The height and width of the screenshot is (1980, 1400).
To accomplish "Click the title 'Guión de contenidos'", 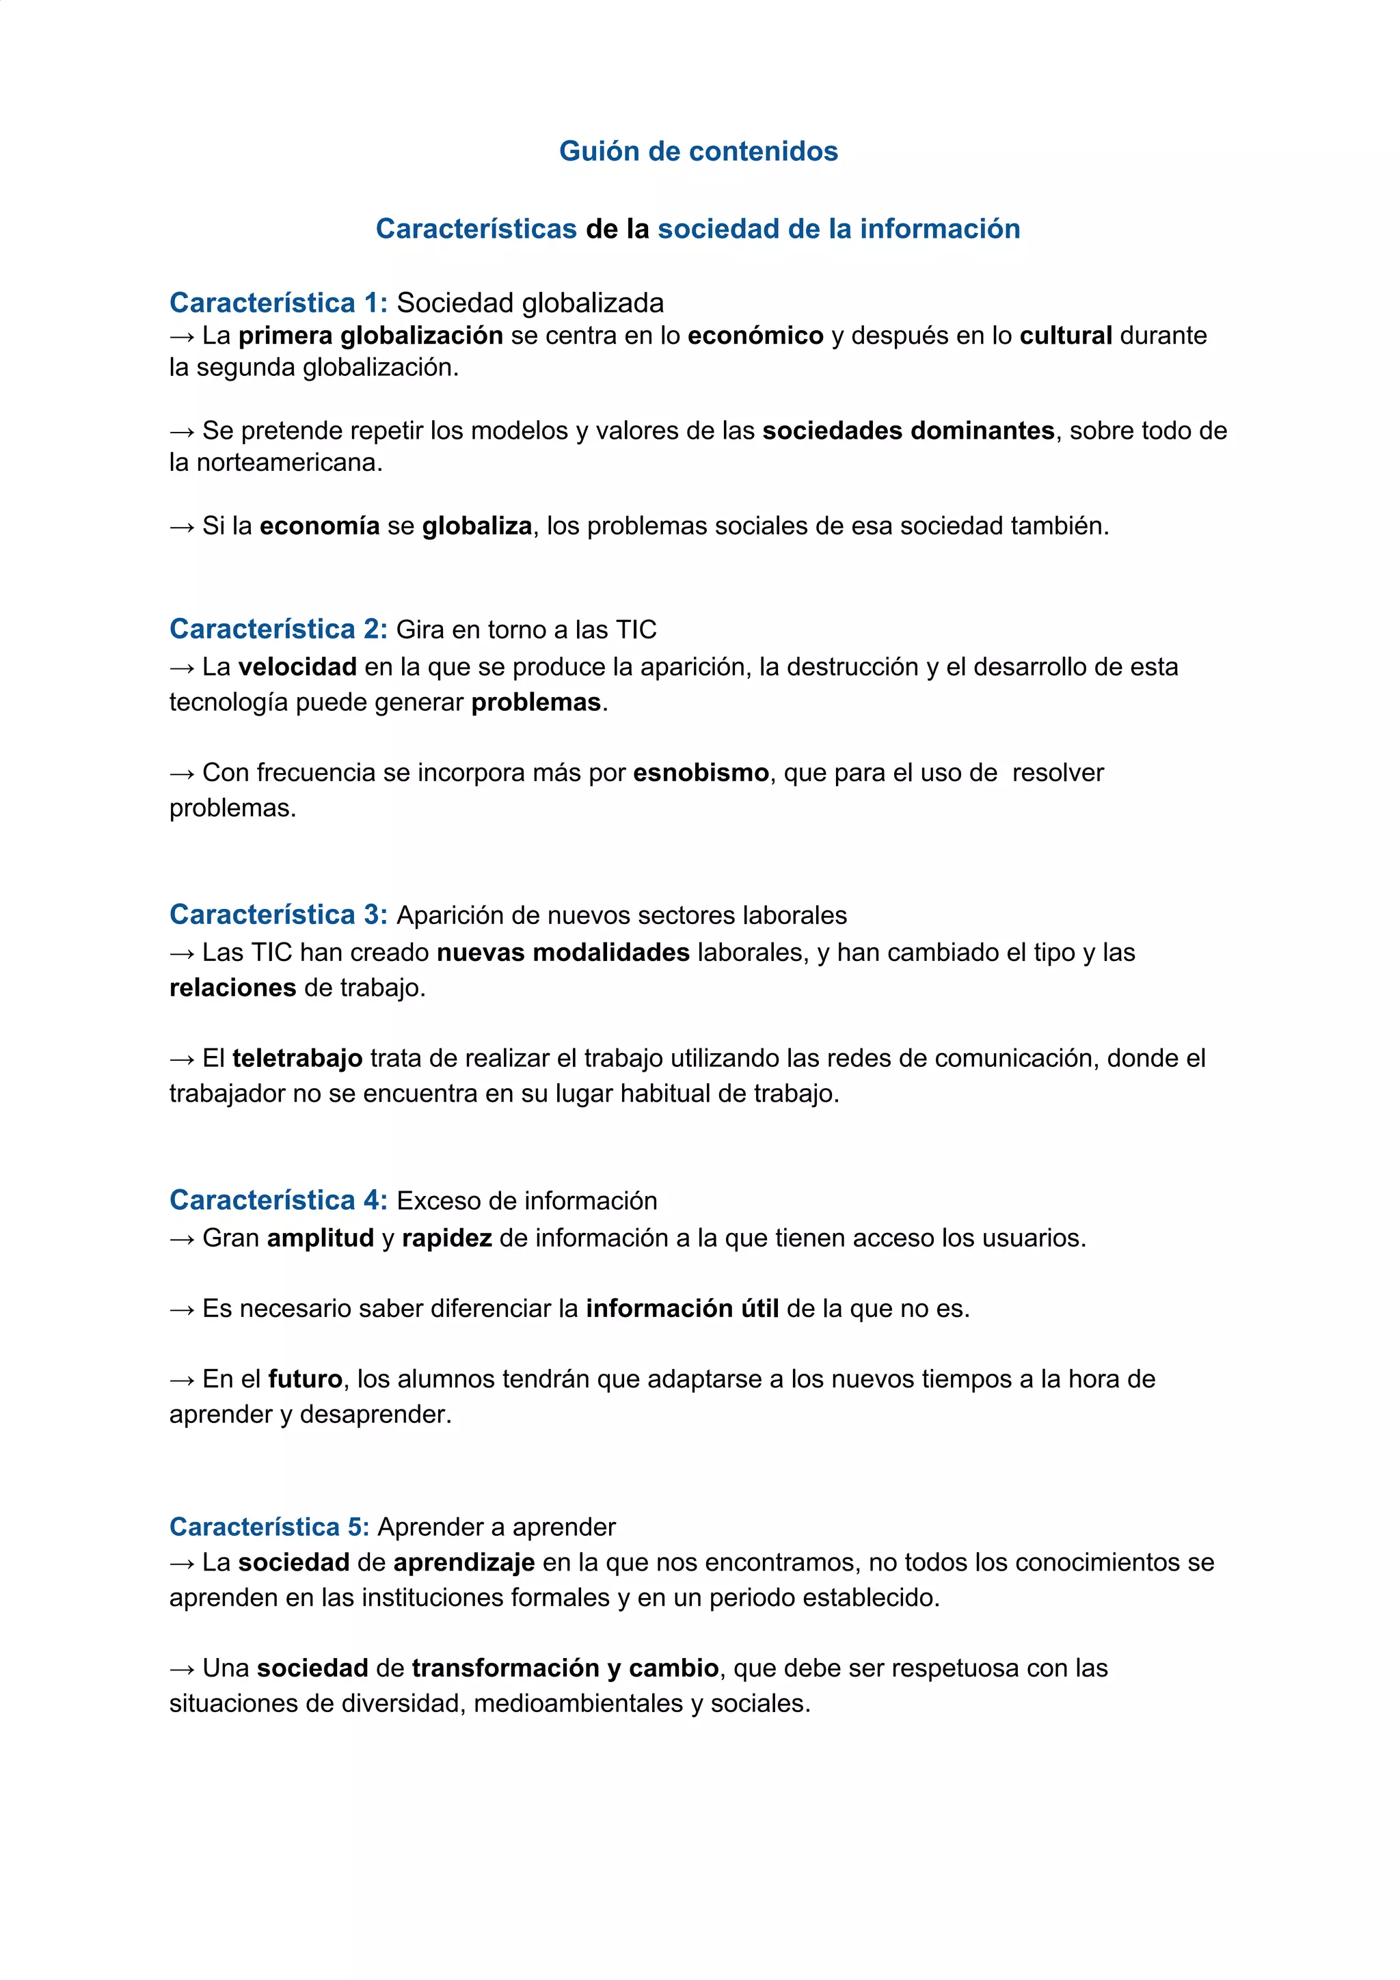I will pyautogui.click(x=698, y=151).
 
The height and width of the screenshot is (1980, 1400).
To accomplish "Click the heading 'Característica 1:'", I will pyautogui.click(x=278, y=303).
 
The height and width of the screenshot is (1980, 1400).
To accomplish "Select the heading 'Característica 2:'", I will pyautogui.click(x=278, y=629).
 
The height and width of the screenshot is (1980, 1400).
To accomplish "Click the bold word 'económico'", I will pyautogui.click(x=755, y=336).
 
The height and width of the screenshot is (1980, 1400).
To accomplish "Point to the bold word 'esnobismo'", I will pyautogui.click(x=701, y=773).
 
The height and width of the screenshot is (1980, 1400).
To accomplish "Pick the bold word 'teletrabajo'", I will pyautogui.click(x=297, y=1058).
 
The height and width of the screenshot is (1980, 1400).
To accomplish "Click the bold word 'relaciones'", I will pyautogui.click(x=232, y=988).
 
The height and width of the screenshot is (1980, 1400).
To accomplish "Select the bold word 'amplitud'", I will pyautogui.click(x=320, y=1238).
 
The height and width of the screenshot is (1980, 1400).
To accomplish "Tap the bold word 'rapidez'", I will pyautogui.click(x=447, y=1238).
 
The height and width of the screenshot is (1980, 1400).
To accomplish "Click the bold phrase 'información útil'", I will pyautogui.click(x=682, y=1309).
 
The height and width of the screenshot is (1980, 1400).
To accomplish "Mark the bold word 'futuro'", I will pyautogui.click(x=306, y=1379).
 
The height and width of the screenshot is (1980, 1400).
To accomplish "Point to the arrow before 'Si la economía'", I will pyautogui.click(x=182, y=527).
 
